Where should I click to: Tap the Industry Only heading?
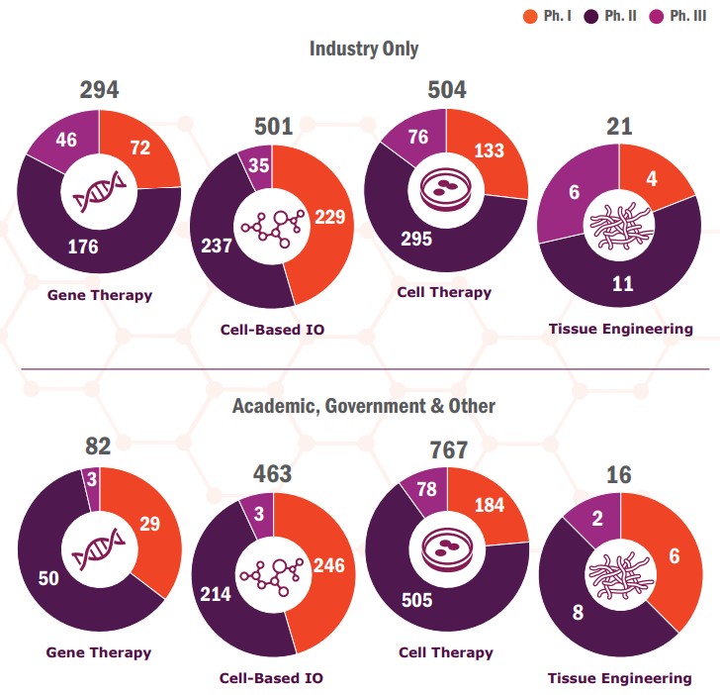click(364, 49)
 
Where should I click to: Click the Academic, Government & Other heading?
click(364, 406)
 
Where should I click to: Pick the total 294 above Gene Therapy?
click(99, 90)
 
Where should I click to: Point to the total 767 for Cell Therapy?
click(447, 450)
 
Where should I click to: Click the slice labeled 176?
click(84, 246)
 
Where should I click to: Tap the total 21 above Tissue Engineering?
click(620, 126)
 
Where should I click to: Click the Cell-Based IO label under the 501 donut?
click(272, 330)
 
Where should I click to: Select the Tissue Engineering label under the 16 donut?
click(620, 678)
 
